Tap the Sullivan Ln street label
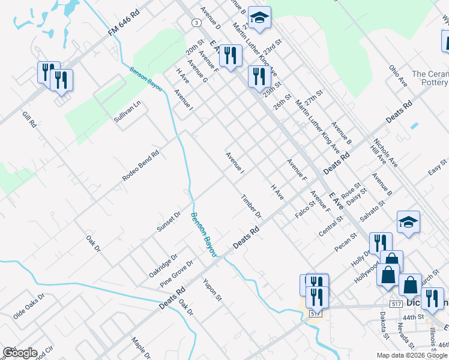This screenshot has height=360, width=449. pyautogui.click(x=127, y=111)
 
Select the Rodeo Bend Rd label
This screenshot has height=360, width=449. pyautogui.click(x=140, y=165)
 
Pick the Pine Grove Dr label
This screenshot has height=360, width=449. pyautogui.click(x=176, y=274)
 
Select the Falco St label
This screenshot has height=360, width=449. pyautogui.click(x=306, y=209)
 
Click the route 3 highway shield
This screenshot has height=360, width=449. pyautogui.click(x=196, y=22)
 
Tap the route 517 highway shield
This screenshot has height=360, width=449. pyautogui.click(x=316, y=313)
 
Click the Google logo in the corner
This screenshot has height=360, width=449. pyautogui.click(x=20, y=353)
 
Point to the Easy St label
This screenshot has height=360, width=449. pyautogui.click(x=437, y=166)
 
